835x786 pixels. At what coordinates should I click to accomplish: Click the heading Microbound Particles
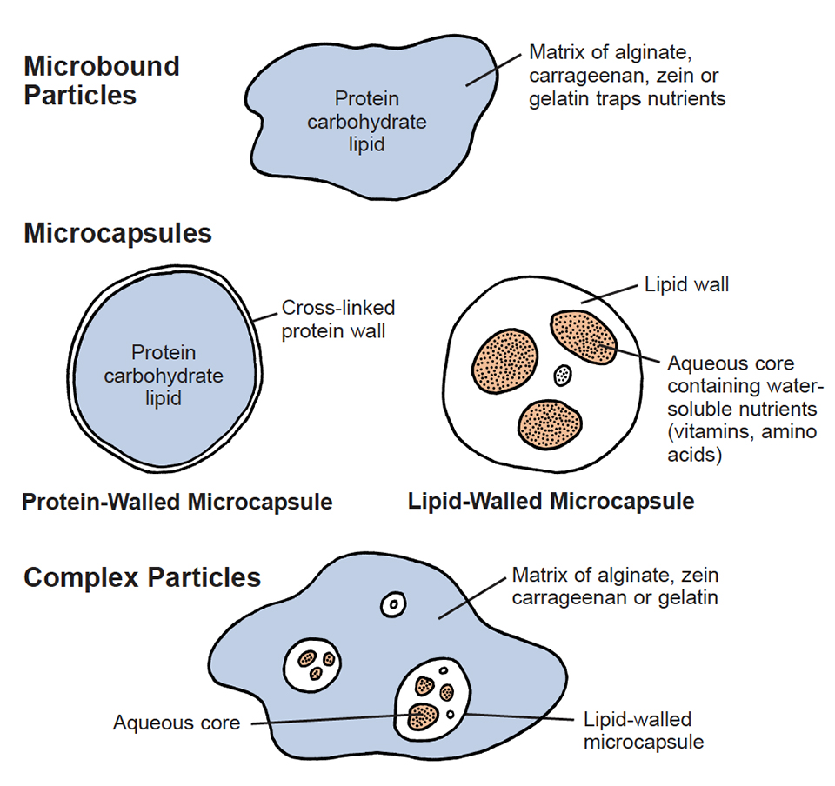tap(101, 80)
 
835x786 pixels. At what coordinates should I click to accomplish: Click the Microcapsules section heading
tap(117, 233)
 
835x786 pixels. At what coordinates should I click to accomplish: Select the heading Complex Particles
tap(142, 577)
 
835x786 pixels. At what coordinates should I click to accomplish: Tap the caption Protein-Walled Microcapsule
tap(177, 502)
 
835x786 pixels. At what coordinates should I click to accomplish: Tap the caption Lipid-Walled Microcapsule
tap(551, 502)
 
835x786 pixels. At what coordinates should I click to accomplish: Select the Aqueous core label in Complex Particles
tap(177, 723)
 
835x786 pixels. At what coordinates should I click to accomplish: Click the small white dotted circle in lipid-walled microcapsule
tap(564, 376)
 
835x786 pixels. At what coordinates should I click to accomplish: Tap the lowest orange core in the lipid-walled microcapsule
tap(549, 422)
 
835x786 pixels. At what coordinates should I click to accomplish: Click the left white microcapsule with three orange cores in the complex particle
tap(313, 665)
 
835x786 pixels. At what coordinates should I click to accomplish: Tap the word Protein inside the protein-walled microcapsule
tap(164, 353)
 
